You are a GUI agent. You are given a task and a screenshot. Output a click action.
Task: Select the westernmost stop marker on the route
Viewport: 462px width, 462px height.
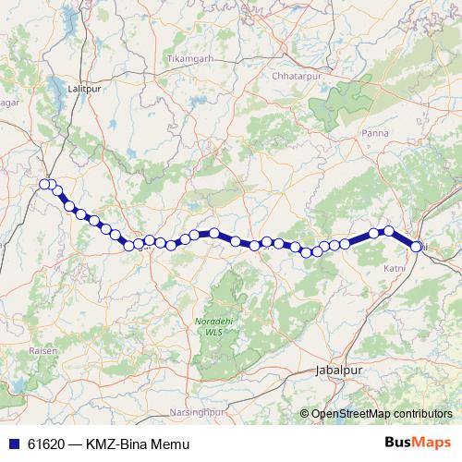(x=43, y=184)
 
